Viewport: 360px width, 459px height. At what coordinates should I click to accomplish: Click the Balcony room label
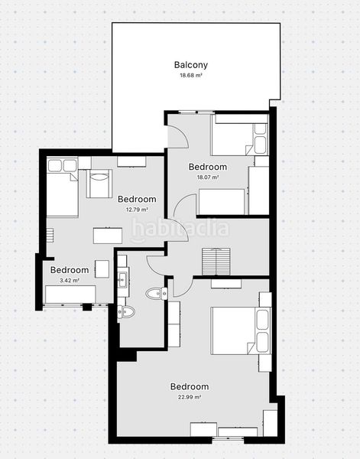coord(190,65)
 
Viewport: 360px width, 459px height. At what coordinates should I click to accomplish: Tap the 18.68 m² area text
coord(191,75)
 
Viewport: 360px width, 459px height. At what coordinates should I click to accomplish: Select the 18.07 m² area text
coord(208,177)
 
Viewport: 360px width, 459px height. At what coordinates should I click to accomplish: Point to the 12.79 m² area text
coord(137,210)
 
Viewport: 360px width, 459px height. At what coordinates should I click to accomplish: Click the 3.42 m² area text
coord(70,280)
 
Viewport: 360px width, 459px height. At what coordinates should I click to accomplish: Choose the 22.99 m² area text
coord(190,397)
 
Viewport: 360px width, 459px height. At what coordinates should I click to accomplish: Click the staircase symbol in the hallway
coord(216,262)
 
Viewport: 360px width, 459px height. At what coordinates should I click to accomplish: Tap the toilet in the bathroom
coord(126,312)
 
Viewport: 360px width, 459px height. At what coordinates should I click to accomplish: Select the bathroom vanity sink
coord(122,278)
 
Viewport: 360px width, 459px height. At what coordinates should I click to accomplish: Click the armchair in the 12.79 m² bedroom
coord(99,184)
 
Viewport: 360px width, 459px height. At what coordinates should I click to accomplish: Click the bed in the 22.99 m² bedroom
coord(241,330)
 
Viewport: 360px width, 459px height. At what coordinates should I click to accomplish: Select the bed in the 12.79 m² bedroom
coord(62,187)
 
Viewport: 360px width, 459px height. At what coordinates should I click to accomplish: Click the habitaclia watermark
coord(180,229)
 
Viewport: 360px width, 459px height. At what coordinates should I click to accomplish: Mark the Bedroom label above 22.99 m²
coord(190,386)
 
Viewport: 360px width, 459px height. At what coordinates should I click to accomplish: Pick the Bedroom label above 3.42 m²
coord(70,270)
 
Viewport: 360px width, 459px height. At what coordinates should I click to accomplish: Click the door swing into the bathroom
coord(157,265)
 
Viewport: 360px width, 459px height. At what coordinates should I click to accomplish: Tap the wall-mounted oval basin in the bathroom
coord(157,294)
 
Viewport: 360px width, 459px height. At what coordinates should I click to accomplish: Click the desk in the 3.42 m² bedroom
coord(70,295)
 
